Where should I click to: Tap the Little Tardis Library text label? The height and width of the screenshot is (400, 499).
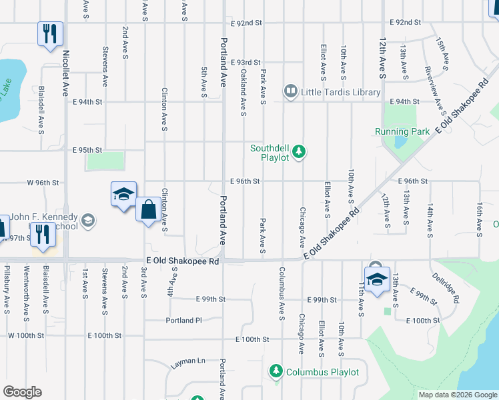coord(340,92)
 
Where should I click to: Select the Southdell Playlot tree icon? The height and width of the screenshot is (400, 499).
coord(300,153)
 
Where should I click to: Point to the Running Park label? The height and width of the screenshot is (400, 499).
coord(402,131)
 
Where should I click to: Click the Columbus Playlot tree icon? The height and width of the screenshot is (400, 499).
coord(275,371)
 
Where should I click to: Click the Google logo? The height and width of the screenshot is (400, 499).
coord(22,392)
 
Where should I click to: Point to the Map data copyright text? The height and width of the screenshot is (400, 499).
coord(458,395)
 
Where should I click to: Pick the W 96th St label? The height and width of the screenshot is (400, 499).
coord(43,182)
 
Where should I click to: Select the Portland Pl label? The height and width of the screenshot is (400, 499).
coord(183,320)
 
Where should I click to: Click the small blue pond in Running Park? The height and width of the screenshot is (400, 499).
coord(400,141)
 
